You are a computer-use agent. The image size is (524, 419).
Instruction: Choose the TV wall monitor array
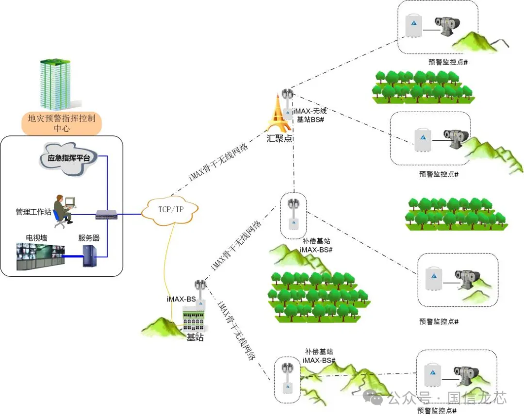pyautogui.click(x=40, y=256)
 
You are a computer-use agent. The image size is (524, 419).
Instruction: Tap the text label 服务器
pyautogui.click(x=89, y=238)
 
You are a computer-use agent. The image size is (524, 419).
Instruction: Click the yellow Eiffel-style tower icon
pyautogui.click(x=278, y=114)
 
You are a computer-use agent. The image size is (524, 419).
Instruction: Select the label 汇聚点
pyautogui.click(x=279, y=138)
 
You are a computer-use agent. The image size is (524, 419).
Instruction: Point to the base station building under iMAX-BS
pyautogui.click(x=196, y=321)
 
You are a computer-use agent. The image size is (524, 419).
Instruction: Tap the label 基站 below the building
pyautogui.click(x=195, y=337)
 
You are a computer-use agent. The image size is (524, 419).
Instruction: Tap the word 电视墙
pyautogui.click(x=36, y=238)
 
